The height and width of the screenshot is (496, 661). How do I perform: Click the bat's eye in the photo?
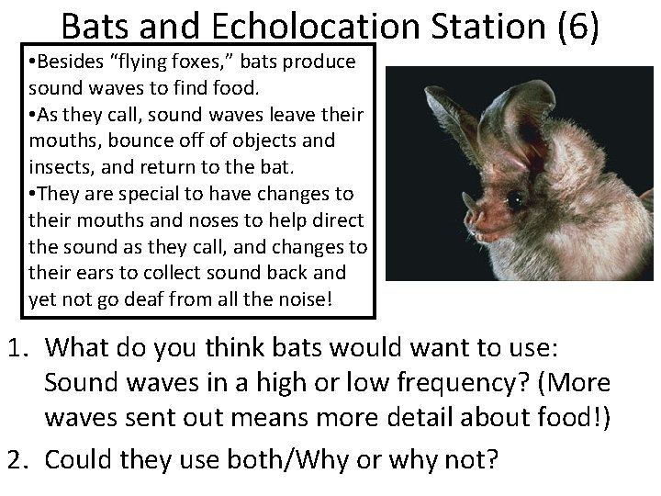click(516, 198)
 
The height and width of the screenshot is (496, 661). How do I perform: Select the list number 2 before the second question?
click(17, 457)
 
